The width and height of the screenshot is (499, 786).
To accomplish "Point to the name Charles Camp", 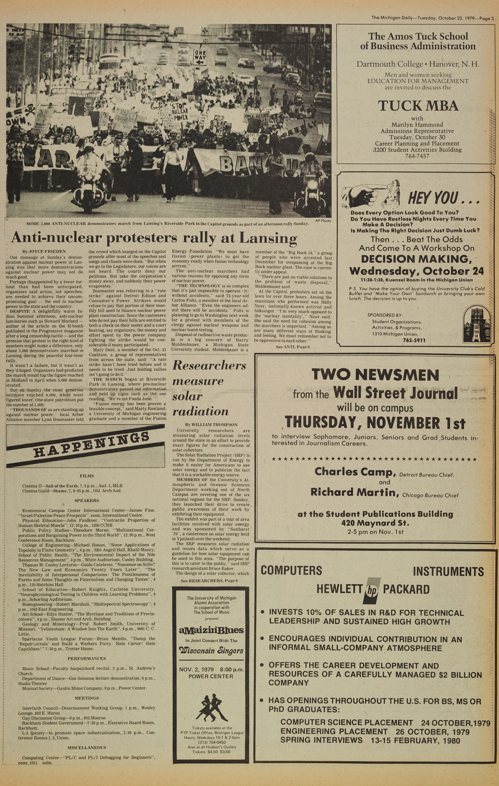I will (x=355, y=472).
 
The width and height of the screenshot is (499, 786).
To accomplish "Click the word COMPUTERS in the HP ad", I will (x=291, y=570).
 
